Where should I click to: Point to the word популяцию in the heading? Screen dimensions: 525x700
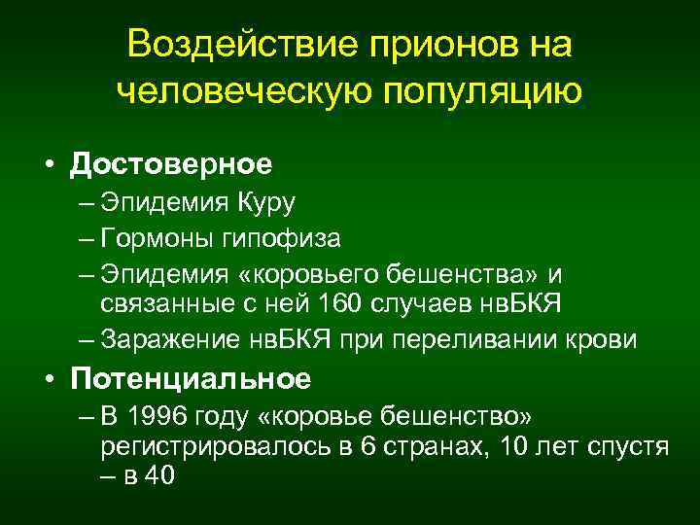click(485, 92)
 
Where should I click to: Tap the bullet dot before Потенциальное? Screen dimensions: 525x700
click(48, 378)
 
